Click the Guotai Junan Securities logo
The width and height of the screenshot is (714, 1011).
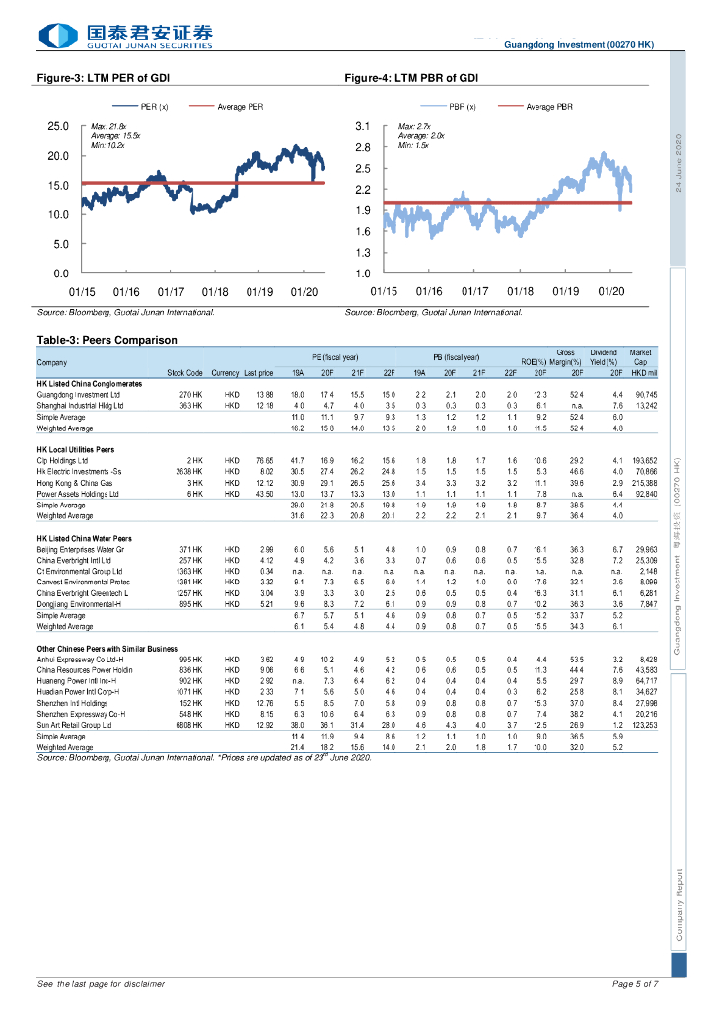(x=125, y=37)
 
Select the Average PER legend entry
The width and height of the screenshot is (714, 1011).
(x=240, y=106)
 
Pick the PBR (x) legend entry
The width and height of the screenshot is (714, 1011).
(x=462, y=106)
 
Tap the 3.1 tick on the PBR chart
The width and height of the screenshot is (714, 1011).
(x=362, y=127)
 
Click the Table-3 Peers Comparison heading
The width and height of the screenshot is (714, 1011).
(x=107, y=340)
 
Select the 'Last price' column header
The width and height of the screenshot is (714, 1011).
(x=258, y=373)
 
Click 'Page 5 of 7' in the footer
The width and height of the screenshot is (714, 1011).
(x=635, y=984)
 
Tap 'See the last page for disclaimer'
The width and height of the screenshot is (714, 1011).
(x=101, y=984)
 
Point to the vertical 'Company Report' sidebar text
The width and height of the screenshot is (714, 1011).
(x=679, y=904)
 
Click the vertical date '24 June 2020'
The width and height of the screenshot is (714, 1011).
(x=679, y=162)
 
